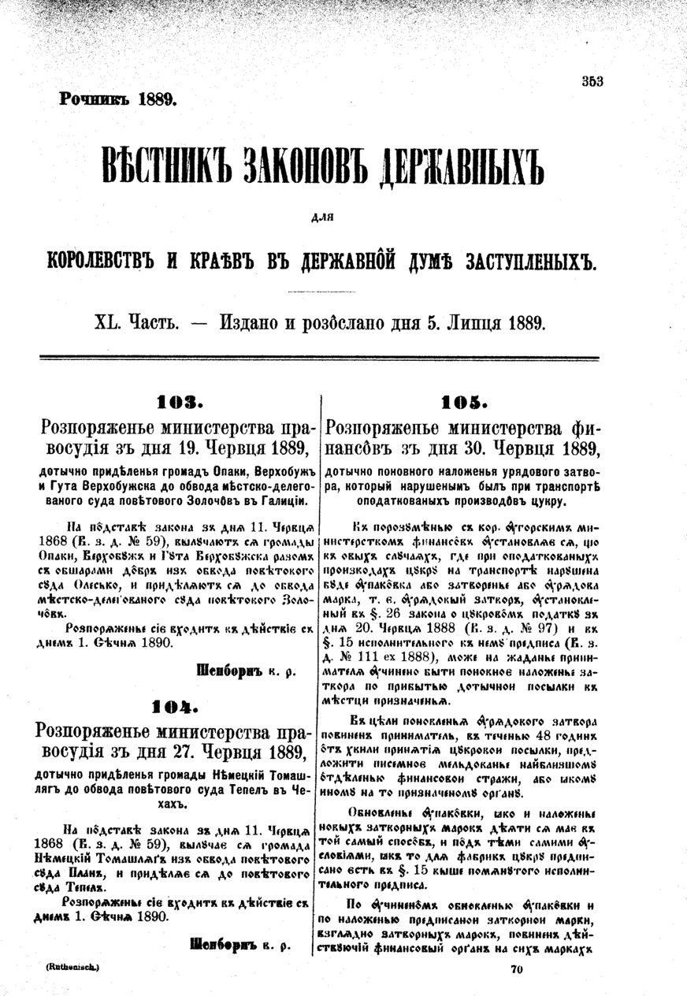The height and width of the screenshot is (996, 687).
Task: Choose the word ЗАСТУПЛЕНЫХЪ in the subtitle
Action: [x=525, y=262]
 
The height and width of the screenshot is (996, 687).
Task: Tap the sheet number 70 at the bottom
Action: [x=517, y=971]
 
